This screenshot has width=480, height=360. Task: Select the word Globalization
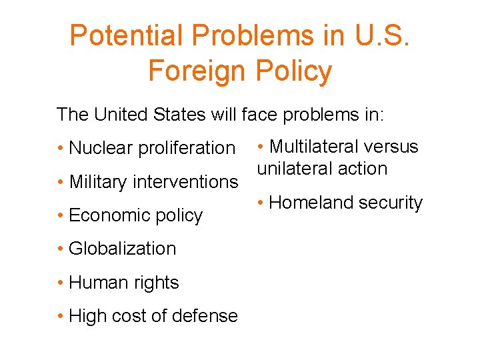(x=123, y=249)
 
